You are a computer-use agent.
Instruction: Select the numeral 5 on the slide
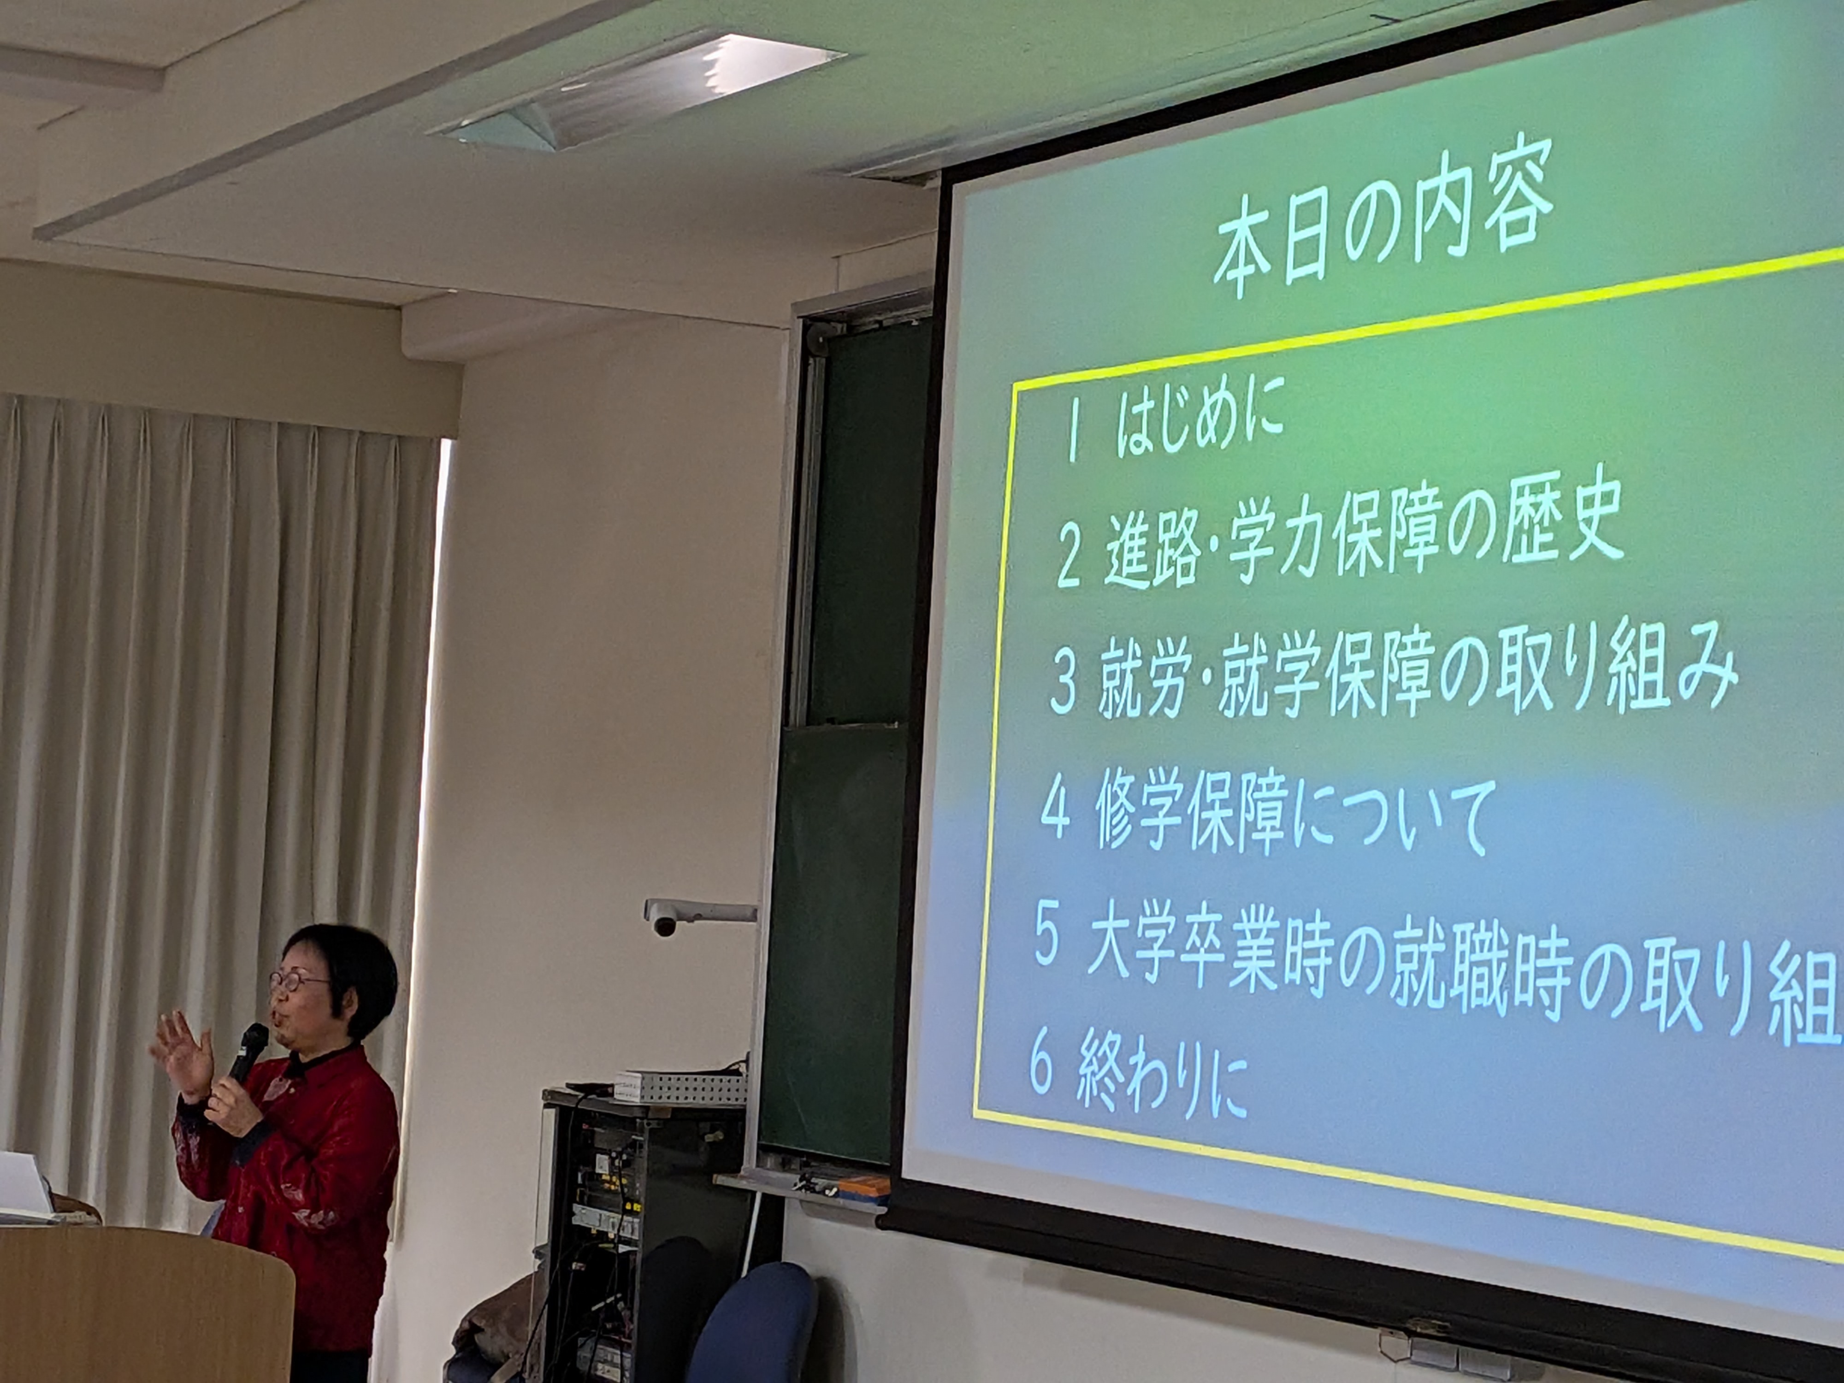tap(1048, 940)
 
